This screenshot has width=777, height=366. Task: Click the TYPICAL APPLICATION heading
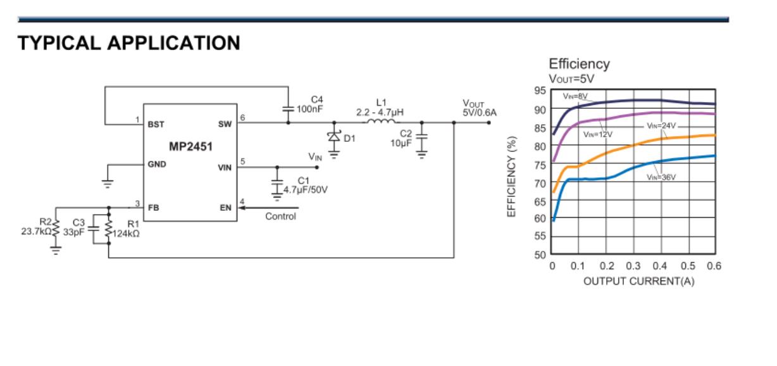[128, 44]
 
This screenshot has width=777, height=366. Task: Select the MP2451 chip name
[190, 146]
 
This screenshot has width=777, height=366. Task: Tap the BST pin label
[156, 125]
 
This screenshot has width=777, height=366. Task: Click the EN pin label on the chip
[225, 207]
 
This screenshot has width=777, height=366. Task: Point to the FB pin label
[153, 207]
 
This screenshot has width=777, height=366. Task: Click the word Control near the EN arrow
[280, 216]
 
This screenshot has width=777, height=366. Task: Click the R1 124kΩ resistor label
[128, 228]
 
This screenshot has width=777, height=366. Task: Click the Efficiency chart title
[579, 64]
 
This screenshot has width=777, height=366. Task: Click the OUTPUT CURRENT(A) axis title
[638, 282]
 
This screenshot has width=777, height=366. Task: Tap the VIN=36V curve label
[661, 177]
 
